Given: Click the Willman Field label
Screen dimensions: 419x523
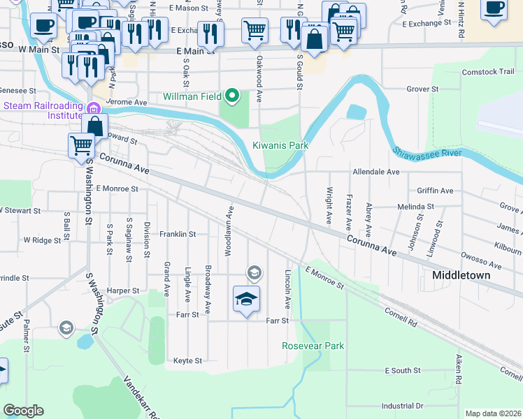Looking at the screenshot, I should [x=192, y=96].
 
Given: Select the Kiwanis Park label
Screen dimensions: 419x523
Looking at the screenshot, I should [x=280, y=145].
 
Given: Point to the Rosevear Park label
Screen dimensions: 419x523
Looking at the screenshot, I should [x=313, y=346].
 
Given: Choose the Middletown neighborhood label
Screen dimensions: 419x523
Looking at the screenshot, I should [x=461, y=275].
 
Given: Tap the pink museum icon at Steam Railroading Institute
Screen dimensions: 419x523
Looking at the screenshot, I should [x=92, y=108].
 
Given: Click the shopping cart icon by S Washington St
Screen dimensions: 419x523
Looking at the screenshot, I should [x=81, y=145].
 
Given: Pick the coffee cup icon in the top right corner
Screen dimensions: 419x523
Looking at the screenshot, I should [x=494, y=9].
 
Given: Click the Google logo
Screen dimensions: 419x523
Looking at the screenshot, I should [x=23, y=411].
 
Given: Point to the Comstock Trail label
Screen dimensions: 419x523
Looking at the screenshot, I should [x=488, y=72].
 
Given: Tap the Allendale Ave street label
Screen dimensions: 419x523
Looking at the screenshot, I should [x=375, y=171].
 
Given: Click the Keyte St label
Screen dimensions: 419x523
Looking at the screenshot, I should [x=187, y=361].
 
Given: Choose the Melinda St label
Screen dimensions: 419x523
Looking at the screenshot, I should [x=416, y=207].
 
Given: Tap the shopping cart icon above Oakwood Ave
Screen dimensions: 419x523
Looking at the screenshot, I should [x=255, y=30].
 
